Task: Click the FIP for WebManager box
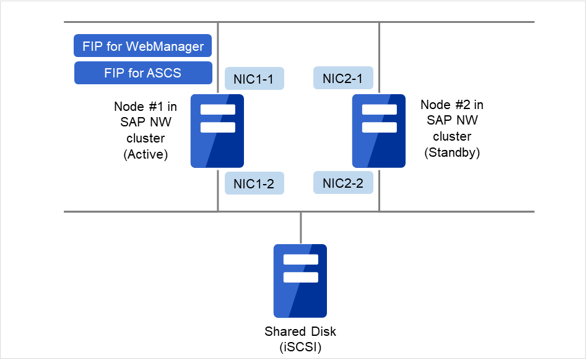(143, 46)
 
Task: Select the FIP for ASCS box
(143, 72)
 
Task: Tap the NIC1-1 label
(254, 79)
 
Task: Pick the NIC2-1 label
(344, 78)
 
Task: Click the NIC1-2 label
(254, 183)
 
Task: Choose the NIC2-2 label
(344, 183)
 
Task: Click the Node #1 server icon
(217, 131)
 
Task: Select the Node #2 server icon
(379, 131)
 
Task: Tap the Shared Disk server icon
(300, 281)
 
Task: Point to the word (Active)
(146, 154)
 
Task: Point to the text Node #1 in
(146, 106)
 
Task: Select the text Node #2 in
(452, 104)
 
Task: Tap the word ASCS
(163, 72)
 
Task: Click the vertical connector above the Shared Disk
(300, 227)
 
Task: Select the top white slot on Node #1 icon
(217, 110)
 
